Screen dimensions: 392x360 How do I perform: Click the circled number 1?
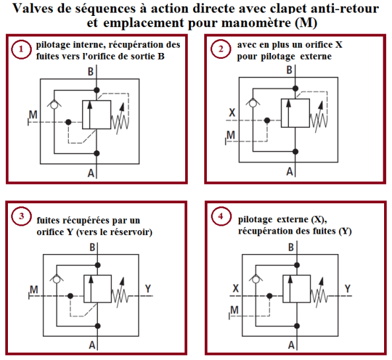(21, 49)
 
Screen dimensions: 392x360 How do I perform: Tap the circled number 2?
(221, 49)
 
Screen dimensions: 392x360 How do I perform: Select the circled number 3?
(21, 216)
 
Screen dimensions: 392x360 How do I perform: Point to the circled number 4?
(221, 216)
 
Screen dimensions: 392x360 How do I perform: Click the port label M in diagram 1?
(33, 114)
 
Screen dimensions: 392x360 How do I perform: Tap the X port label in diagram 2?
(232, 112)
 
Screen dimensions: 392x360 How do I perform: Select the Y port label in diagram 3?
(148, 289)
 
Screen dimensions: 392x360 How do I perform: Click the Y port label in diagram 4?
(348, 289)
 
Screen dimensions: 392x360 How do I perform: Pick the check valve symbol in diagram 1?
(54, 104)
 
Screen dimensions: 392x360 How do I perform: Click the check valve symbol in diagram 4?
(256, 279)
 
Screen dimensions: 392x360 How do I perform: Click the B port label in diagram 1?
(91, 72)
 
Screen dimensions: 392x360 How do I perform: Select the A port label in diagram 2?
(290, 172)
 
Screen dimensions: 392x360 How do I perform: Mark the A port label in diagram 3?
(92, 345)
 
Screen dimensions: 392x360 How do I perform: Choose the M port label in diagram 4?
(234, 310)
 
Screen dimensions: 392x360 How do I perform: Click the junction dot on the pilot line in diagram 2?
(267, 120)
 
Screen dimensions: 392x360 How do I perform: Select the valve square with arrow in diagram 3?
(97, 289)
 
